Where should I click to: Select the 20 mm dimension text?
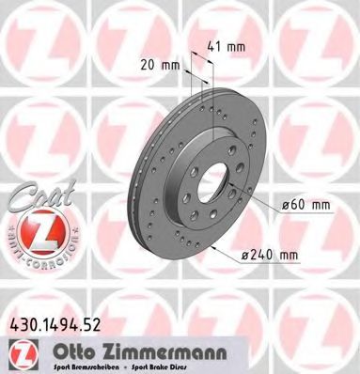pos(162,66)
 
